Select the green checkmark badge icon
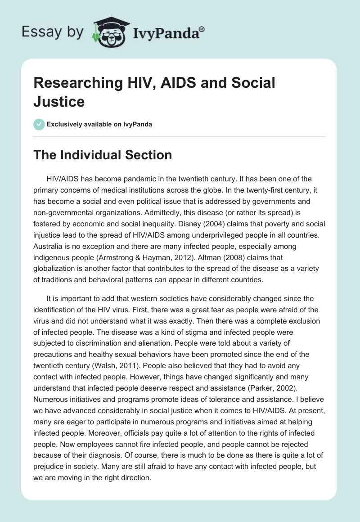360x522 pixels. pos(39,124)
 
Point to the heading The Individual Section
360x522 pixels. pos(103,155)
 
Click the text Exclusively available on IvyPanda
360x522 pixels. pos(100,124)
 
